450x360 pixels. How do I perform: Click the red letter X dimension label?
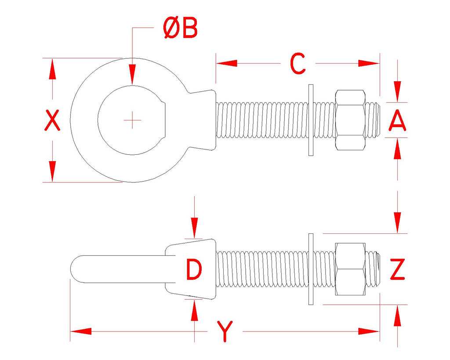(52, 120)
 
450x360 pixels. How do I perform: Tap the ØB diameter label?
(181, 28)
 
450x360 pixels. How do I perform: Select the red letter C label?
(298, 63)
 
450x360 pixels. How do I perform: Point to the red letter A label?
(397, 120)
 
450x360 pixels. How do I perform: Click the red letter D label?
(194, 269)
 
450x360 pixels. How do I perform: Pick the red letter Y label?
(225, 331)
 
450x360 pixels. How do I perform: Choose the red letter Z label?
(397, 269)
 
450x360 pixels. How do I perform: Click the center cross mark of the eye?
(132, 120)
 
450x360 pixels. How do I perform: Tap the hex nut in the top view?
(350, 120)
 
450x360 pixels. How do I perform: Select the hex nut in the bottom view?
(350, 269)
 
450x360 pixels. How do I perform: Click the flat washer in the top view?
(311, 120)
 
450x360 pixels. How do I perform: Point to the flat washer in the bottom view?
(311, 269)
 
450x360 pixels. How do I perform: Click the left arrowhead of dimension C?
(226, 63)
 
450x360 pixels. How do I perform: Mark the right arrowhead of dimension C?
(369, 63)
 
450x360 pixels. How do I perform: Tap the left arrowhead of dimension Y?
(81, 331)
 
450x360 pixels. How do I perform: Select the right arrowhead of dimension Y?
(369, 331)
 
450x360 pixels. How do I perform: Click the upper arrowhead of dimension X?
(52, 69)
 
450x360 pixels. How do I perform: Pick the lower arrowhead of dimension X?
(52, 171)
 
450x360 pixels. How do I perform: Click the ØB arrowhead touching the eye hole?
(132, 75)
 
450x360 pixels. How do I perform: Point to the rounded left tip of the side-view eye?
(71, 269)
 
